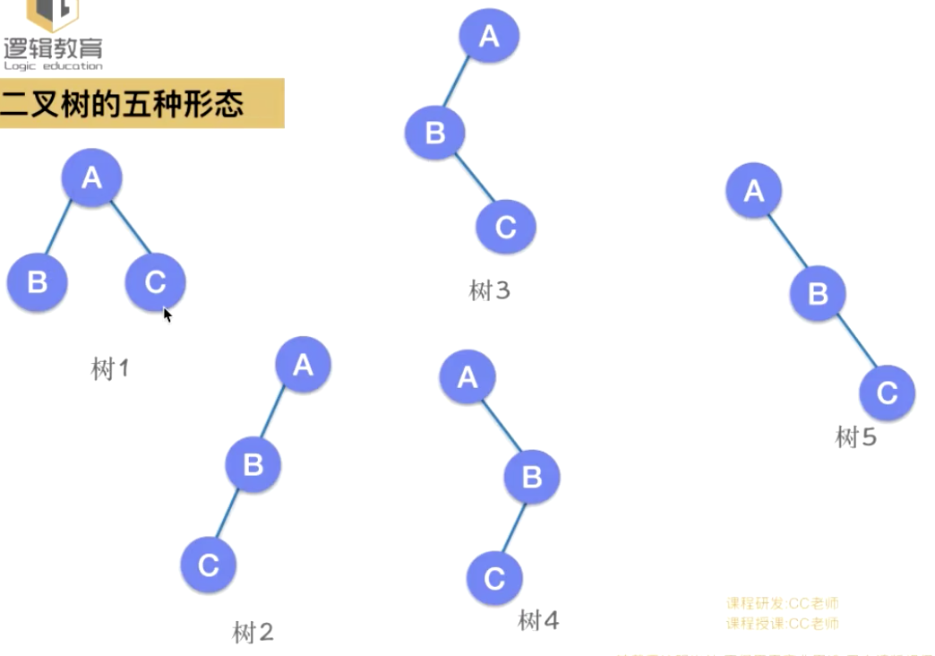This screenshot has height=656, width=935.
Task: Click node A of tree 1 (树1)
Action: (x=91, y=178)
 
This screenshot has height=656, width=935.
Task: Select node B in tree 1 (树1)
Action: (x=38, y=282)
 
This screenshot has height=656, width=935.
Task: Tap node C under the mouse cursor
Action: (x=155, y=282)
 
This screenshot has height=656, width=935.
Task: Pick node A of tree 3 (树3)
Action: (x=489, y=36)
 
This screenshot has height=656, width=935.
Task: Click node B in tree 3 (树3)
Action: (x=435, y=134)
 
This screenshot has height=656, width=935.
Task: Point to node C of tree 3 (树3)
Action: (x=505, y=227)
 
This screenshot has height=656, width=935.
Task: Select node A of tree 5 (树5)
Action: (x=754, y=191)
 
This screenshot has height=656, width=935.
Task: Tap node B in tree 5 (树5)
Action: (x=818, y=294)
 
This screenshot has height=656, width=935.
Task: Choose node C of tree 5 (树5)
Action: (x=887, y=393)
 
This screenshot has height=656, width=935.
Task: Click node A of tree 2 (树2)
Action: (x=304, y=365)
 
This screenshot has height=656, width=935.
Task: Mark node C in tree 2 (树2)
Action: (x=209, y=565)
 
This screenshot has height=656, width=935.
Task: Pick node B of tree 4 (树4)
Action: (x=532, y=477)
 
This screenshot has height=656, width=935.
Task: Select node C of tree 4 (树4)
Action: (x=494, y=578)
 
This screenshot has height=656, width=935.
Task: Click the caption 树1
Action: (x=110, y=368)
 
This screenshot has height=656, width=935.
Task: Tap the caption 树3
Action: (x=489, y=290)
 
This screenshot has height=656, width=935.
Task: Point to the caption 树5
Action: (x=855, y=437)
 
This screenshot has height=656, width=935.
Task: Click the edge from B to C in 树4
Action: (x=514, y=528)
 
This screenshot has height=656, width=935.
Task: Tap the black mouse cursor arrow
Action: (x=167, y=315)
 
